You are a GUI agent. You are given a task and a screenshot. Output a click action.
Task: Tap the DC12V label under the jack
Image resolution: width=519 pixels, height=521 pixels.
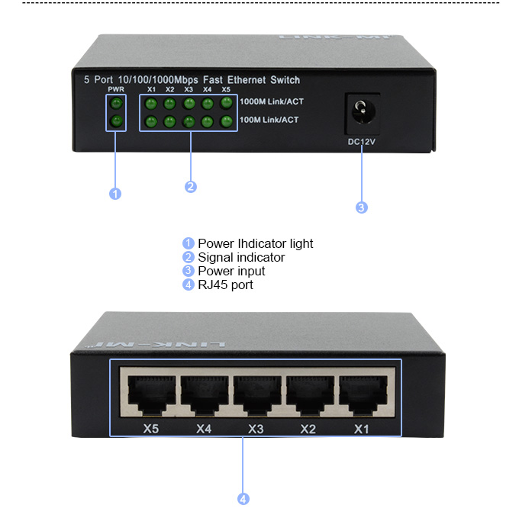tap(362, 142)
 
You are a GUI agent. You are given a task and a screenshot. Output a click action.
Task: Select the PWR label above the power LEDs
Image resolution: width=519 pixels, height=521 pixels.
tap(116, 90)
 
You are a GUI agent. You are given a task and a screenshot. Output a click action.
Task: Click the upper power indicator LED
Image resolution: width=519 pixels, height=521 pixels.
tap(116, 103)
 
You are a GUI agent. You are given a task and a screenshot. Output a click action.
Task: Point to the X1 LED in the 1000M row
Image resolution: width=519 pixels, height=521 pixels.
tap(151, 102)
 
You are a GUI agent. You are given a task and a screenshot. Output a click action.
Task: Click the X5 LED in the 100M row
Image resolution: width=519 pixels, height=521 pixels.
tap(226, 121)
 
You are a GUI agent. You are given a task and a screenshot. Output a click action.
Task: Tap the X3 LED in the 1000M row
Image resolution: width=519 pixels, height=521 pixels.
tap(189, 102)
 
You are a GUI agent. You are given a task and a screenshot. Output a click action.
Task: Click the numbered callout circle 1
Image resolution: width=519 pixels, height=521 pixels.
tap(115, 194)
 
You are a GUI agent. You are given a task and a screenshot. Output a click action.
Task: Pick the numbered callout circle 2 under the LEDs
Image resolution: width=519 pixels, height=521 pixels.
tap(191, 186)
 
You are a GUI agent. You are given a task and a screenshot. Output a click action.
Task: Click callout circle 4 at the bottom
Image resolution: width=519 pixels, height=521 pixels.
tap(243, 499)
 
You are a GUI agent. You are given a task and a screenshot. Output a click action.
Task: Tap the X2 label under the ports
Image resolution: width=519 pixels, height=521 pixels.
tap(308, 429)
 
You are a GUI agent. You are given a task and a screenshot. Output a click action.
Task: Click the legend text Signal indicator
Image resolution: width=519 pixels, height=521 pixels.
tap(241, 258)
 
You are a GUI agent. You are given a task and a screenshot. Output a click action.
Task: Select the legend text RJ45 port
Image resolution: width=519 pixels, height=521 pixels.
tap(225, 285)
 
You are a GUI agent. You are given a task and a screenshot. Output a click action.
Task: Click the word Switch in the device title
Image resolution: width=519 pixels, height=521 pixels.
tap(285, 80)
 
